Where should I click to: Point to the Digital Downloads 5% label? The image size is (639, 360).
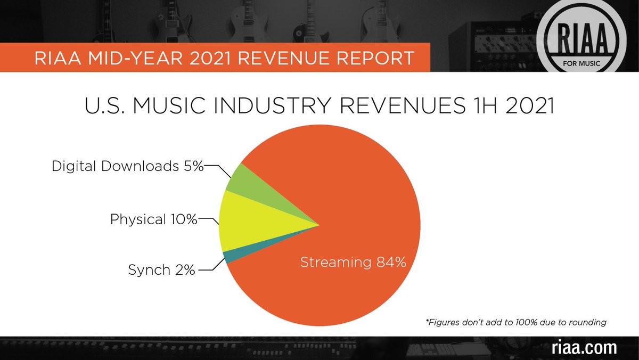pos(128,166)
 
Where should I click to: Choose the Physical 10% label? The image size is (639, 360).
pos(153,219)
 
